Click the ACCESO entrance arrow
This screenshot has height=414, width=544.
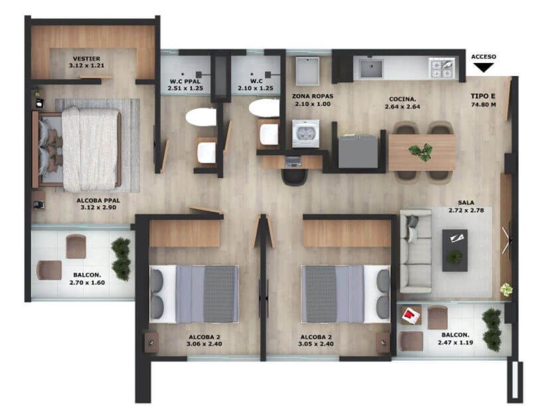coord(483,67)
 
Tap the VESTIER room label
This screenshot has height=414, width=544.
coord(86,59)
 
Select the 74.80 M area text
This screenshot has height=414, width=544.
coord(483,105)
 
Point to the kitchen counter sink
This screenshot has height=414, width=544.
coord(371,68)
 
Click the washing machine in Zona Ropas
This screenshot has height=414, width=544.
coord(305,134)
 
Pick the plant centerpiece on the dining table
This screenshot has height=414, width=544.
coord(422,152)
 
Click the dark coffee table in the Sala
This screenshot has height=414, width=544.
coord(454,250)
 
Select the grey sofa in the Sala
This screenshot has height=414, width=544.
coord(416,251)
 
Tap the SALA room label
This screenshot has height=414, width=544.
coord(466,202)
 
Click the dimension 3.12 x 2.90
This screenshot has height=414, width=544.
coord(98,208)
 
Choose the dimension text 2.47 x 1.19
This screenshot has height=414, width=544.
coord(455,342)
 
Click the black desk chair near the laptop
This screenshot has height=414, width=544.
coord(295,177)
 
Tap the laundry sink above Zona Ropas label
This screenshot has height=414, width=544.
coord(307,71)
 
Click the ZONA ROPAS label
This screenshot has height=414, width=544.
coord(313,96)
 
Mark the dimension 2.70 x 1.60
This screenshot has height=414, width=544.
coord(87,282)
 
